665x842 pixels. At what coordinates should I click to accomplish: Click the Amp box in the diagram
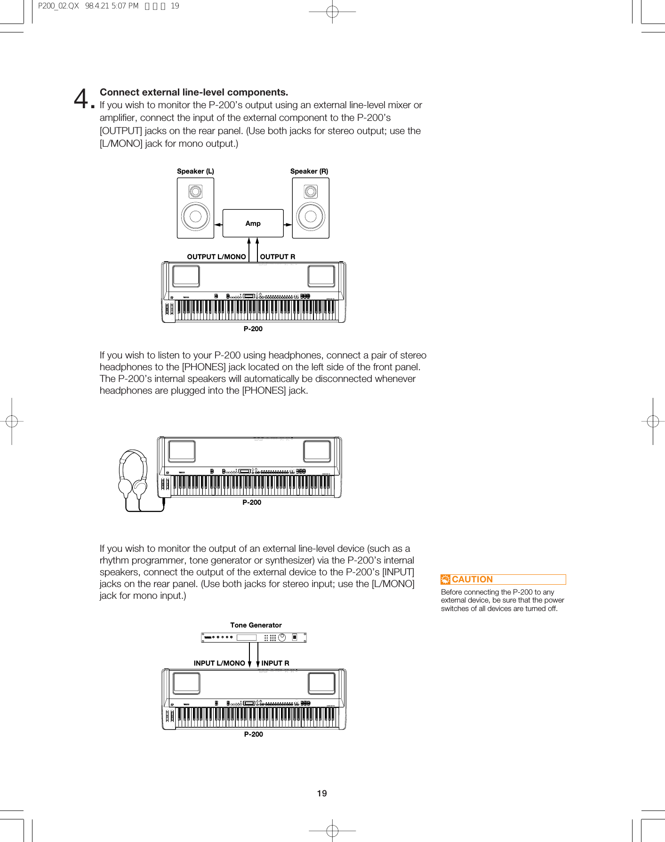point(253,223)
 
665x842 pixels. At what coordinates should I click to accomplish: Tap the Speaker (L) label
point(195,171)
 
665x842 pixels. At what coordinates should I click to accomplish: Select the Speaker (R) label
point(309,171)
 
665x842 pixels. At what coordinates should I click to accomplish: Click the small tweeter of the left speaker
point(195,191)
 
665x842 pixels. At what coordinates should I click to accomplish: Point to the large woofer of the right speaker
point(311,216)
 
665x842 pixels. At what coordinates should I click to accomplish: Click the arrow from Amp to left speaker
point(218,225)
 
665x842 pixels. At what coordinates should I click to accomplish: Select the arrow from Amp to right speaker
point(288,225)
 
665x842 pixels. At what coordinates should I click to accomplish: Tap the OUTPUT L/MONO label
point(216,257)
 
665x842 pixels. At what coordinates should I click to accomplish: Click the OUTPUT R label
point(278,257)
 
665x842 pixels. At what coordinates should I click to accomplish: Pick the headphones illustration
point(133,475)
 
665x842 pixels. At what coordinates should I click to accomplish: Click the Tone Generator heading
point(256,625)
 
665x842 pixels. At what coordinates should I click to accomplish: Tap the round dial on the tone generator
point(282,638)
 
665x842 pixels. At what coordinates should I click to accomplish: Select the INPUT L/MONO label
point(219,663)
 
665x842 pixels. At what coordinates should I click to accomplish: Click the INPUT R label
point(275,663)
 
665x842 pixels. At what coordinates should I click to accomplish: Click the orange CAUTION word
point(472,580)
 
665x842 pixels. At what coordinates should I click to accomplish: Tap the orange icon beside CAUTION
point(445,580)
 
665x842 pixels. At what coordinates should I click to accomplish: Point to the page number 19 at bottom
point(322,794)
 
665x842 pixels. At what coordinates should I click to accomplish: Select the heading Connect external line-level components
point(193,92)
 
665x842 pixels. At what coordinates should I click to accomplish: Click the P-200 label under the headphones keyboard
point(252,502)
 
